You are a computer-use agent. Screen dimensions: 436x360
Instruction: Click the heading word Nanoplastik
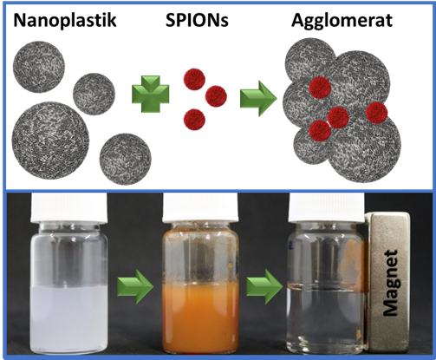pyautogui.click(x=65, y=20)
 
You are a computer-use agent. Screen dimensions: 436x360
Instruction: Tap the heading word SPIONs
pyautogui.click(x=197, y=20)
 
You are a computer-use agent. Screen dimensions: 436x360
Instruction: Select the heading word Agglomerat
pyautogui.click(x=342, y=22)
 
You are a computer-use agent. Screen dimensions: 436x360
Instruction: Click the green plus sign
pyautogui.click(x=151, y=94)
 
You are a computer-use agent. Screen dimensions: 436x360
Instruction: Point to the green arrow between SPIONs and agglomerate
pyautogui.click(x=258, y=99)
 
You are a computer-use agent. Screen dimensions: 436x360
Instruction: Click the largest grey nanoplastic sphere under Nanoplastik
pyautogui.click(x=50, y=141)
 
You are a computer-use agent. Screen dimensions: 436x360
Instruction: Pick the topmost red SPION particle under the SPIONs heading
pyautogui.click(x=194, y=79)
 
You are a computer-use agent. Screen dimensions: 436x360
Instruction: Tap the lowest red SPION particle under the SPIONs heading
pyautogui.click(x=194, y=119)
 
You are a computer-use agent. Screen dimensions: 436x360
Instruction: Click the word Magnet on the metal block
pyautogui.click(x=391, y=284)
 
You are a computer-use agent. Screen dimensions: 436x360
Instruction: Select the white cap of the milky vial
pyautogui.click(x=68, y=207)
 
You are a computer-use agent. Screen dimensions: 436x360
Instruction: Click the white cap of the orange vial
pyautogui.click(x=201, y=207)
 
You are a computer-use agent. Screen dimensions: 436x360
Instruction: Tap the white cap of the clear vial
pyautogui.click(x=327, y=207)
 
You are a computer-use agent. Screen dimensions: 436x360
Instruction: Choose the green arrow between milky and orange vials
pyautogui.click(x=135, y=286)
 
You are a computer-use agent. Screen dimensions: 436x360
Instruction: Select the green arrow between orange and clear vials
pyautogui.click(x=264, y=286)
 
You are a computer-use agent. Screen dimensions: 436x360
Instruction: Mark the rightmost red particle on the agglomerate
pyautogui.click(x=376, y=113)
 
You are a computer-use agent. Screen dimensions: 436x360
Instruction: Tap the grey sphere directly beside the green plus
pyautogui.click(x=94, y=94)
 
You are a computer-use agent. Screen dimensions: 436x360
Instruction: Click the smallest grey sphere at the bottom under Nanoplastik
pyautogui.click(x=126, y=159)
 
